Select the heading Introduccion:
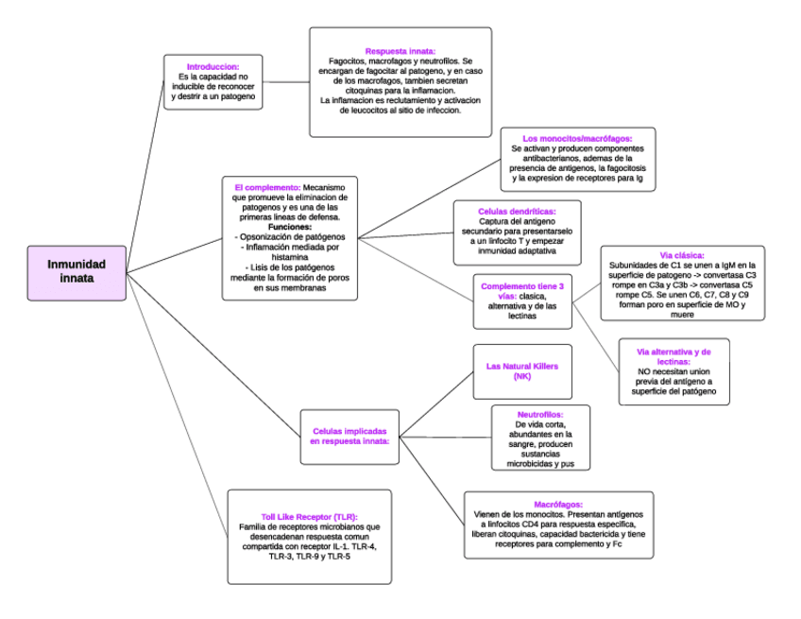[x=212, y=67]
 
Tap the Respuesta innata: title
[x=400, y=51]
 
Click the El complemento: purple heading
[x=267, y=187]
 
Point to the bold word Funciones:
[x=289, y=227]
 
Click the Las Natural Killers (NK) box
[x=522, y=370]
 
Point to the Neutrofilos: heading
[x=540, y=414]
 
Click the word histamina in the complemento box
[x=289, y=257]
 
